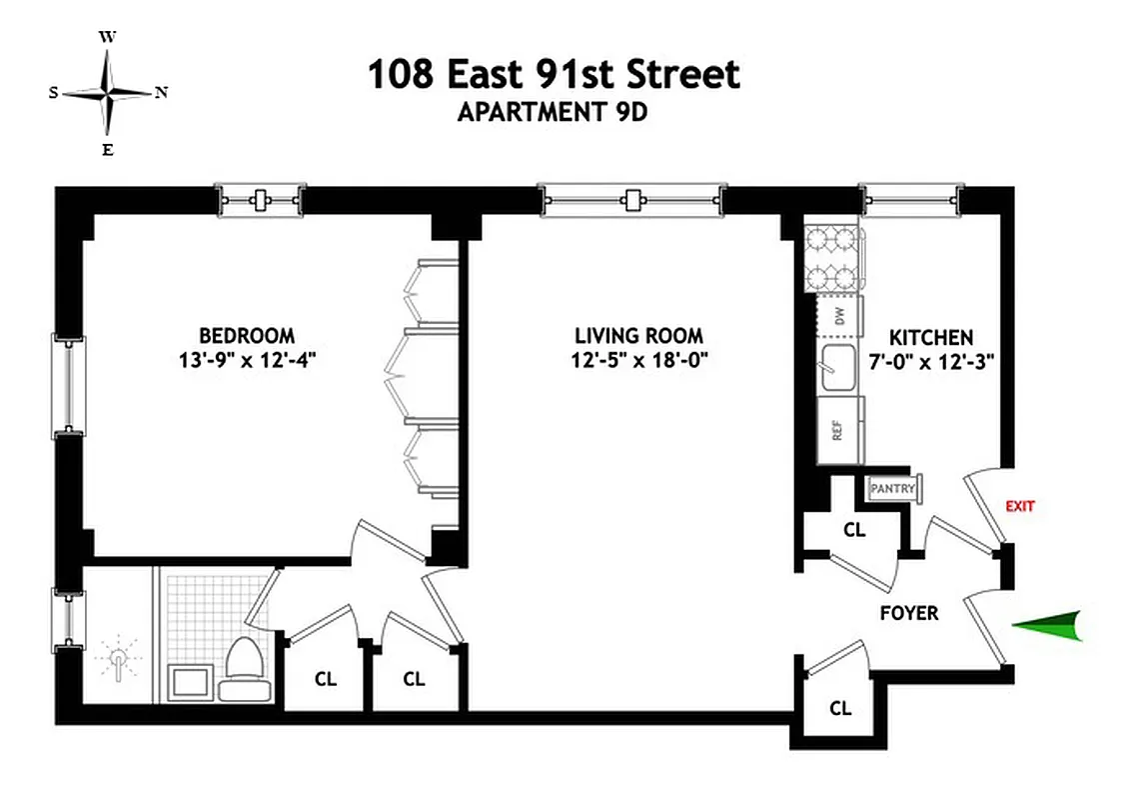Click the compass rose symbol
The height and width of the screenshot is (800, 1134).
[107, 93]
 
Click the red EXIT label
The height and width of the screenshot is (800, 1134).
[1019, 506]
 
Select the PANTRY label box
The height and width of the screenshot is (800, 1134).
[893, 488]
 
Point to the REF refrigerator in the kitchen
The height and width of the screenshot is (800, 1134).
[838, 430]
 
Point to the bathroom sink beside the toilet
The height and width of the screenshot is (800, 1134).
[188, 685]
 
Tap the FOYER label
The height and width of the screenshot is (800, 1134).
[909, 613]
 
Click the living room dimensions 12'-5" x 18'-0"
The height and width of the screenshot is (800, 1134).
[638, 361]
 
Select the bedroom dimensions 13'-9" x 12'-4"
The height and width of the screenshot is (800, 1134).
[247, 361]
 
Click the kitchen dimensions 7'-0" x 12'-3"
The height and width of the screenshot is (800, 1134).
[931, 362]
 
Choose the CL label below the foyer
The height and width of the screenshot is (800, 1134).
[840, 708]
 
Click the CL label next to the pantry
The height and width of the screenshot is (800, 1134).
[853, 530]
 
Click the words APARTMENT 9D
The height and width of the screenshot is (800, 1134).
[553, 112]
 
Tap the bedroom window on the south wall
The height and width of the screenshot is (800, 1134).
[68, 384]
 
